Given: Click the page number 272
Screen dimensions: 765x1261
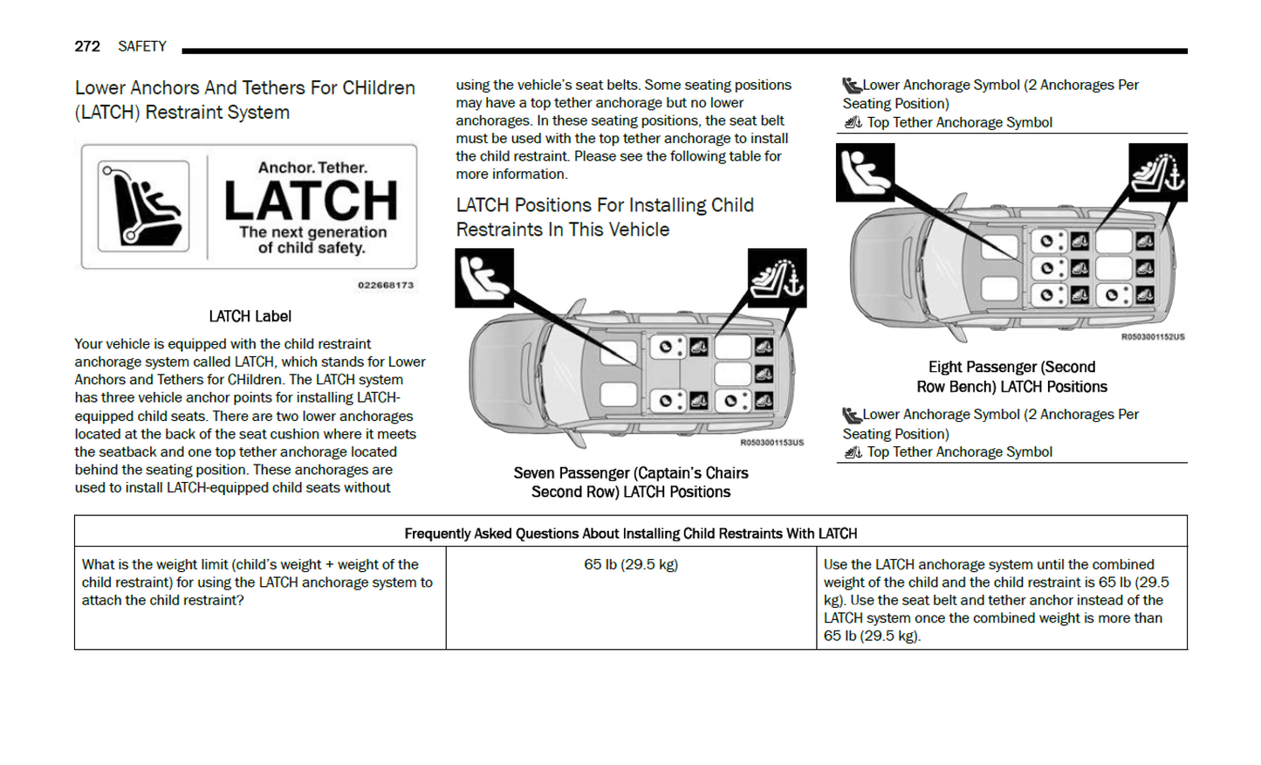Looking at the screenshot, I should (x=87, y=46).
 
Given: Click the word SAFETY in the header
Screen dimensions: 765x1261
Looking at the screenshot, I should (x=142, y=46).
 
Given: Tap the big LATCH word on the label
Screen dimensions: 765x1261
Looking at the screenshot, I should (x=311, y=200).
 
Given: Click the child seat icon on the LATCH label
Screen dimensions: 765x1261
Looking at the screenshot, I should (x=144, y=206).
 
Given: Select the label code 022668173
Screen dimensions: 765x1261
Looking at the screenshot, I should (x=386, y=286).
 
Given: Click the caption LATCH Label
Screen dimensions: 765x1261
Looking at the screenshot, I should (x=250, y=316).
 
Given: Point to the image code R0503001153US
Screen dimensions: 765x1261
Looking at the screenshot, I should (x=771, y=443).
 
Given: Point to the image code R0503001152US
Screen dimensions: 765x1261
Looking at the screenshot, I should (x=1152, y=337).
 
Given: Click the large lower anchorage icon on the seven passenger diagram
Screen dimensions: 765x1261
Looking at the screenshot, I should (x=484, y=278).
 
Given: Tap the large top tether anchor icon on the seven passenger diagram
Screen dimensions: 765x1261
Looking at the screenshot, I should (x=777, y=278).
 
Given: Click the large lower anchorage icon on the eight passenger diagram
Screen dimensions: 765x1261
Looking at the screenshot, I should (x=865, y=172).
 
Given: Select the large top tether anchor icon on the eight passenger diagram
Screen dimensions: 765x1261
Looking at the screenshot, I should (x=1157, y=172).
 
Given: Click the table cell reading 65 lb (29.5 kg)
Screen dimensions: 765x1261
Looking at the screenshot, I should (x=631, y=565).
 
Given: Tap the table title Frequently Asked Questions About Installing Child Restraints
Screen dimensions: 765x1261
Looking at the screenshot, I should (x=630, y=534).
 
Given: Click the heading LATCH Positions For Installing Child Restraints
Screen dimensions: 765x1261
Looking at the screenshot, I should (x=604, y=217).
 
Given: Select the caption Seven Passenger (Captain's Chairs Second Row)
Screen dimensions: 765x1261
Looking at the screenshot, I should (x=631, y=482).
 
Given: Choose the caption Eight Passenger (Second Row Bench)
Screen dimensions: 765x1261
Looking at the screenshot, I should (x=1011, y=376).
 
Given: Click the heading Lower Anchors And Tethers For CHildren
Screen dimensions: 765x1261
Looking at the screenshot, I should (x=244, y=100).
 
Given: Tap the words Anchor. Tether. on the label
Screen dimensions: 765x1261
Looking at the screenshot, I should (x=312, y=168).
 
